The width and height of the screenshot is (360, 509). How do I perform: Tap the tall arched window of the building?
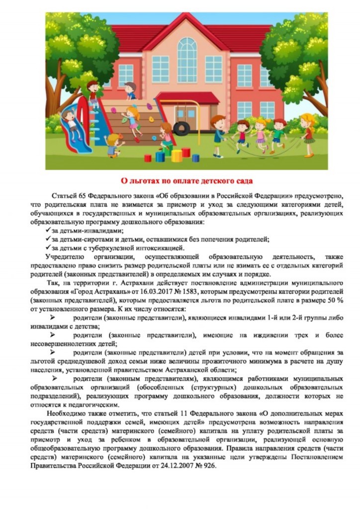coord(187,60)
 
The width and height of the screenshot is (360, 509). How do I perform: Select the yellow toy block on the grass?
coord(177,155)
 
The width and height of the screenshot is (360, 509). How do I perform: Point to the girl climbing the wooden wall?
coord(132,119)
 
